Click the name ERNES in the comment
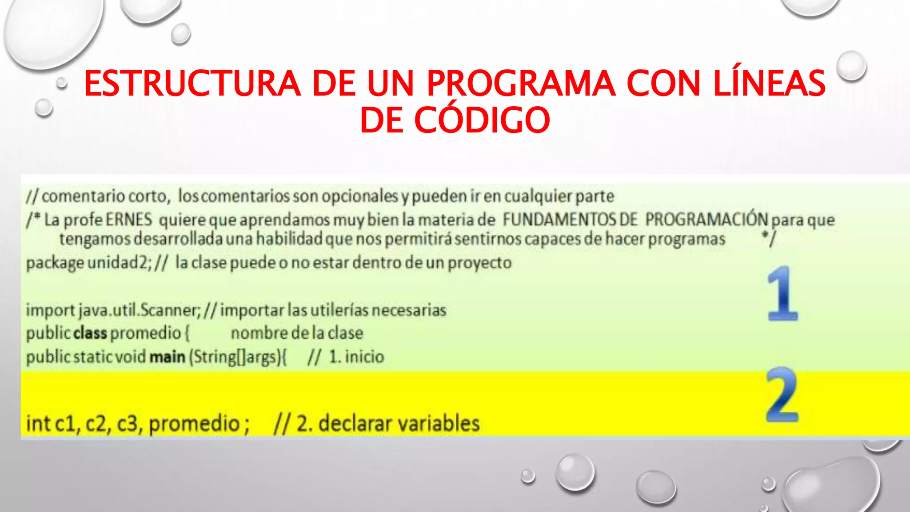(x=128, y=220)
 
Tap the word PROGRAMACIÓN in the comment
(x=706, y=219)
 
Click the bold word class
(x=90, y=333)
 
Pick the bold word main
(x=167, y=356)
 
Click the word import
(x=50, y=310)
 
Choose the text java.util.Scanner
(x=140, y=310)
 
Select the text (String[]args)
(x=238, y=357)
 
